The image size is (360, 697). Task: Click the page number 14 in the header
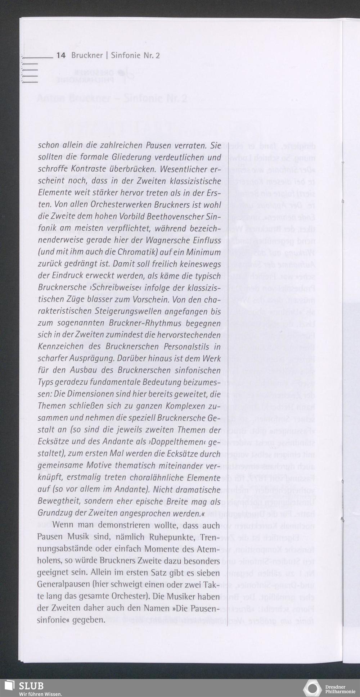[x=61, y=55]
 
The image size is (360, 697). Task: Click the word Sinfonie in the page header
[x=126, y=55]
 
